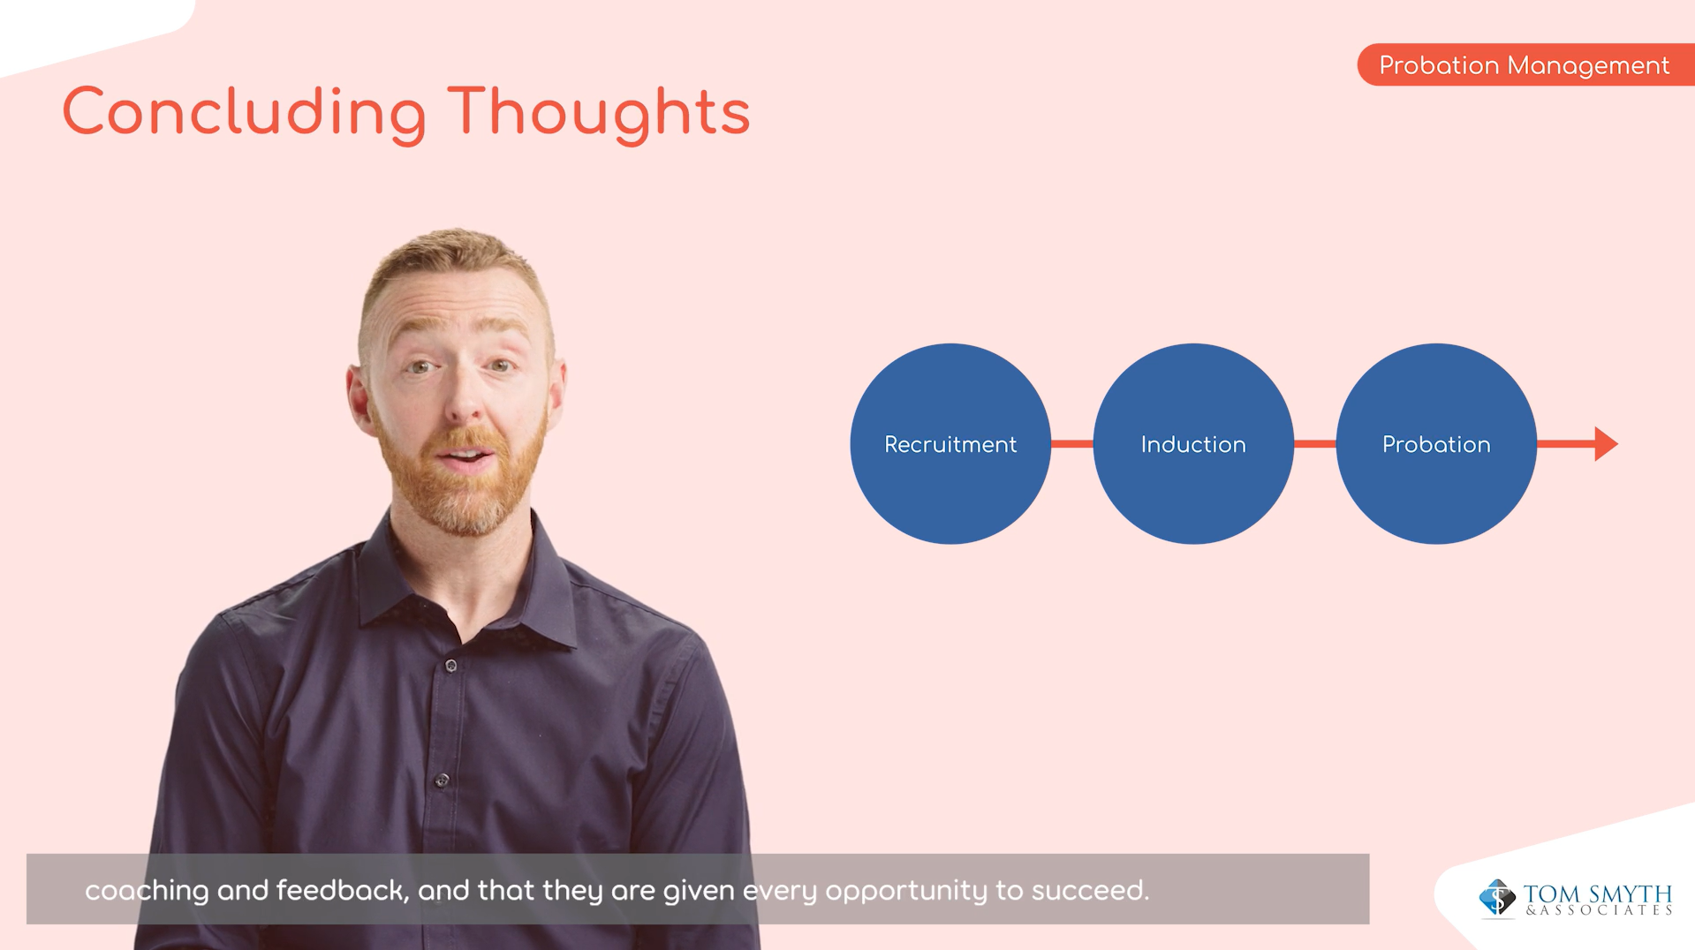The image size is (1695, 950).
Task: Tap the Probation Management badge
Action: click(1525, 64)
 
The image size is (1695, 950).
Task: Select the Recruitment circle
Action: click(950, 443)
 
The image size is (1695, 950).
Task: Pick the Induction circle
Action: click(1193, 443)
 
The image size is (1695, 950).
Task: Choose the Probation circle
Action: click(1436, 443)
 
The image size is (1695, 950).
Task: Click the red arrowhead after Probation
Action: click(1606, 443)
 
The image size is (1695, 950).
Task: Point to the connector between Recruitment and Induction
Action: click(1071, 443)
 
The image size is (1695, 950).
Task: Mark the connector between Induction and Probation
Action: click(1314, 443)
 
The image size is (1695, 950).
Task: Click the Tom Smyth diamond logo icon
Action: click(1497, 898)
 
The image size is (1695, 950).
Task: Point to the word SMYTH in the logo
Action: click(1630, 893)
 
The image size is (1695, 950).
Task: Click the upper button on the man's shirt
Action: click(450, 665)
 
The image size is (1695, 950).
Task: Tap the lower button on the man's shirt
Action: click(442, 780)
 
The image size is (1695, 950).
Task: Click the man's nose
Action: click(465, 403)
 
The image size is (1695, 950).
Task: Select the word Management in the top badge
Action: click(1588, 66)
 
